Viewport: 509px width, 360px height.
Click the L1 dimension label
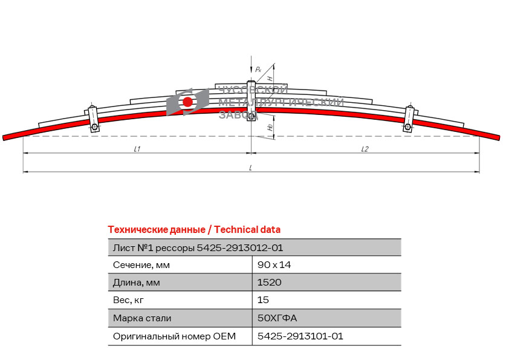(137, 149)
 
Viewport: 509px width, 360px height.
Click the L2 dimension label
(365, 149)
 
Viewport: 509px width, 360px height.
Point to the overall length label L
(251, 168)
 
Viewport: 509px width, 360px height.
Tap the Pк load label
(258, 69)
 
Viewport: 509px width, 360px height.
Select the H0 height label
(270, 127)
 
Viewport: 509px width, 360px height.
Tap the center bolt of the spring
(251, 100)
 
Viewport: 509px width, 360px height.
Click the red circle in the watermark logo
(187, 102)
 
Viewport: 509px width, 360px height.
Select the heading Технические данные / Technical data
(194, 230)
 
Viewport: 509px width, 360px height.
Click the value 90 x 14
(274, 265)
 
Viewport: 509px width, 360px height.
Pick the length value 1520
(270, 282)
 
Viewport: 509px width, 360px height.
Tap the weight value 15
(263, 299)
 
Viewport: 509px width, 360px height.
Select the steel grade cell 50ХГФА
(277, 318)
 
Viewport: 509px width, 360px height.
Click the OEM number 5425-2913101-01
(300, 336)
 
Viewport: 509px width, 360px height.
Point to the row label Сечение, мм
(141, 265)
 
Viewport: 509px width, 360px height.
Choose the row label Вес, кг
(128, 300)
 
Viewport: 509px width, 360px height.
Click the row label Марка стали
(142, 318)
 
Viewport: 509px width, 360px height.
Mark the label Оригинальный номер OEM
(174, 336)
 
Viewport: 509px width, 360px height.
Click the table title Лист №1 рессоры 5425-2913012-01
(198, 248)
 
